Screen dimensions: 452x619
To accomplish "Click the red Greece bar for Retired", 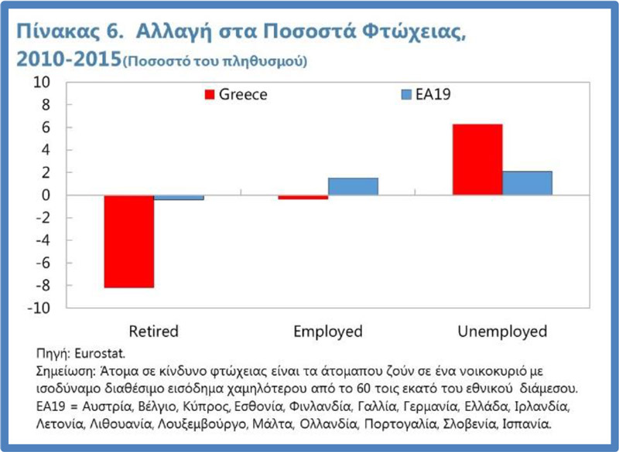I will click(x=129, y=241).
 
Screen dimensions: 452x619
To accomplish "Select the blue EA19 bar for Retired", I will click(x=179, y=198).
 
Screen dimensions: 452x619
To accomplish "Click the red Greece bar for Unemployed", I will click(x=477, y=159).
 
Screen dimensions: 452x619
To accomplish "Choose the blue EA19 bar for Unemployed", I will click(x=527, y=183).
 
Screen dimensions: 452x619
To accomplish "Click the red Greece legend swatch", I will click(x=209, y=95).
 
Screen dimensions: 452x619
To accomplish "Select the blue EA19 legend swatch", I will click(x=404, y=95).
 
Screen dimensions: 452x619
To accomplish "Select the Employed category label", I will click(x=328, y=331).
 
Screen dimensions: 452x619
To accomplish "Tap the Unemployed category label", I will click(x=502, y=331).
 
